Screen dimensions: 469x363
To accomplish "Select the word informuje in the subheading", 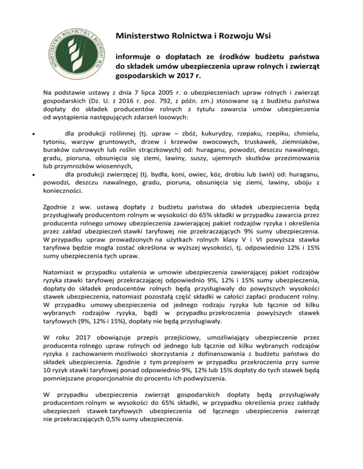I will [135, 58].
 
